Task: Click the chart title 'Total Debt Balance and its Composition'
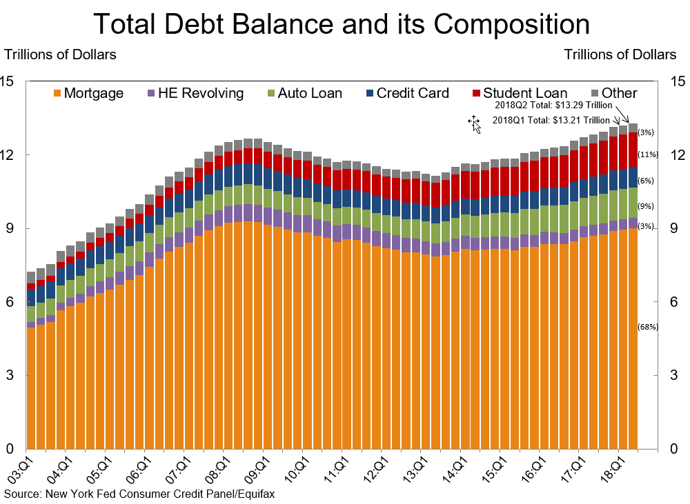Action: [342, 24]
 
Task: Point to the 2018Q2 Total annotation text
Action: [553, 106]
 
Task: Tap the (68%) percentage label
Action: [648, 327]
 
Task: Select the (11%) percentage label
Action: [648, 154]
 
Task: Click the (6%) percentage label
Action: [646, 181]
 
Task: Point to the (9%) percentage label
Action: [646, 206]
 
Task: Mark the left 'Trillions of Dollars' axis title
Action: [61, 54]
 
